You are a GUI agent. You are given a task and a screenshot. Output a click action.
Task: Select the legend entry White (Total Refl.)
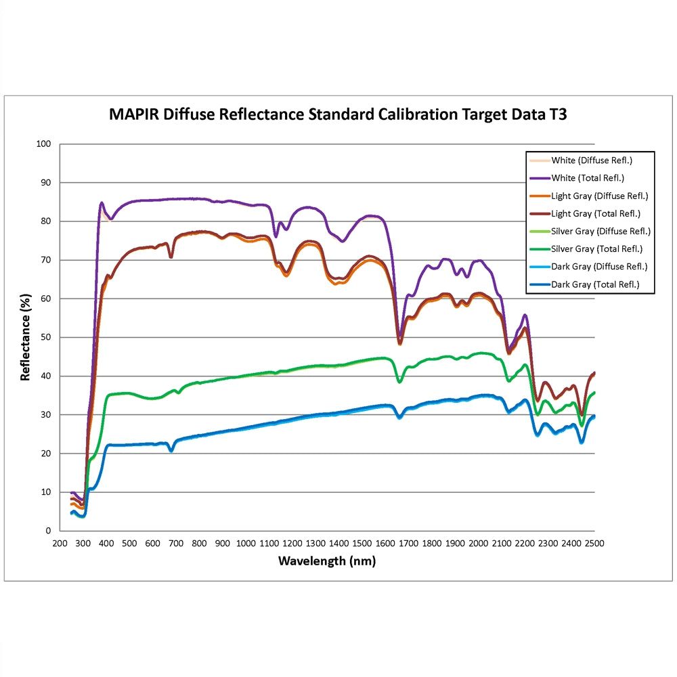(x=587, y=179)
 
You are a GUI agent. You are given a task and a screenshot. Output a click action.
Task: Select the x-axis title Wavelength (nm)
(x=326, y=561)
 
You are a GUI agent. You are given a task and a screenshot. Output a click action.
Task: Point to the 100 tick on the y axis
(x=43, y=144)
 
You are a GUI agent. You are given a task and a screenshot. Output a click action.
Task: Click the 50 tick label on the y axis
(x=45, y=337)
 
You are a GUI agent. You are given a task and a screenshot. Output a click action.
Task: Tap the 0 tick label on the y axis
(x=48, y=531)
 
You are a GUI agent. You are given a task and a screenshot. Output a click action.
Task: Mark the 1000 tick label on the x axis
(x=246, y=544)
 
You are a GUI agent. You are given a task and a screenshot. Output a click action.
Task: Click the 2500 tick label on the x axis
(x=594, y=544)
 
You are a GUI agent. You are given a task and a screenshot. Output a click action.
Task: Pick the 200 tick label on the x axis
(x=60, y=544)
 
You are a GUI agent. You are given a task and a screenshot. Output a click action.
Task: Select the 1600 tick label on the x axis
(x=385, y=544)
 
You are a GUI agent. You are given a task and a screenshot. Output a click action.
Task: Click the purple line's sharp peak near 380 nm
(x=102, y=202)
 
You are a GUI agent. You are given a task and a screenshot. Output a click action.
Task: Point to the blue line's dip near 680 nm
(x=171, y=450)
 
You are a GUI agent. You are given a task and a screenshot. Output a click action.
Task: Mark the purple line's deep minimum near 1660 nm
(x=399, y=336)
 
